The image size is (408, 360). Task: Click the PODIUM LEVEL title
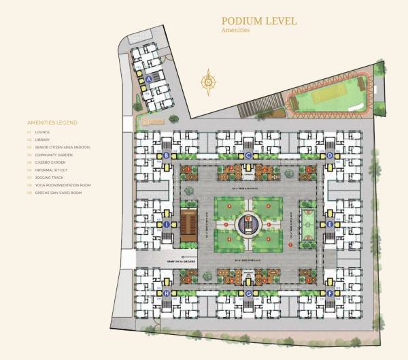pyautogui.click(x=259, y=21)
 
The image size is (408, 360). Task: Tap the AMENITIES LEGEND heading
pyautogui.click(x=52, y=122)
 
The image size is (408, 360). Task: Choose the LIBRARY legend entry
pyautogui.click(x=44, y=140)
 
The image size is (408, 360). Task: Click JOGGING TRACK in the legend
pyautogui.click(x=49, y=177)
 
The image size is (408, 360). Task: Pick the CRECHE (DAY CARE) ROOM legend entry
pyautogui.click(x=58, y=193)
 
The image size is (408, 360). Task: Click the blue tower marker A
pyautogui.click(x=149, y=79)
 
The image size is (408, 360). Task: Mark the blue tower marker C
pyautogui.click(x=249, y=156)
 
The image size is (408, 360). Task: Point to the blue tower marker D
pyautogui.click(x=330, y=156)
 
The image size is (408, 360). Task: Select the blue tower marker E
pyautogui.click(x=330, y=224)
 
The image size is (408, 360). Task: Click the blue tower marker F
pyautogui.click(x=330, y=293)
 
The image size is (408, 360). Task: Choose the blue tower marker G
pyautogui.click(x=249, y=293)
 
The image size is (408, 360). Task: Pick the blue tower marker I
pyautogui.click(x=167, y=224)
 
